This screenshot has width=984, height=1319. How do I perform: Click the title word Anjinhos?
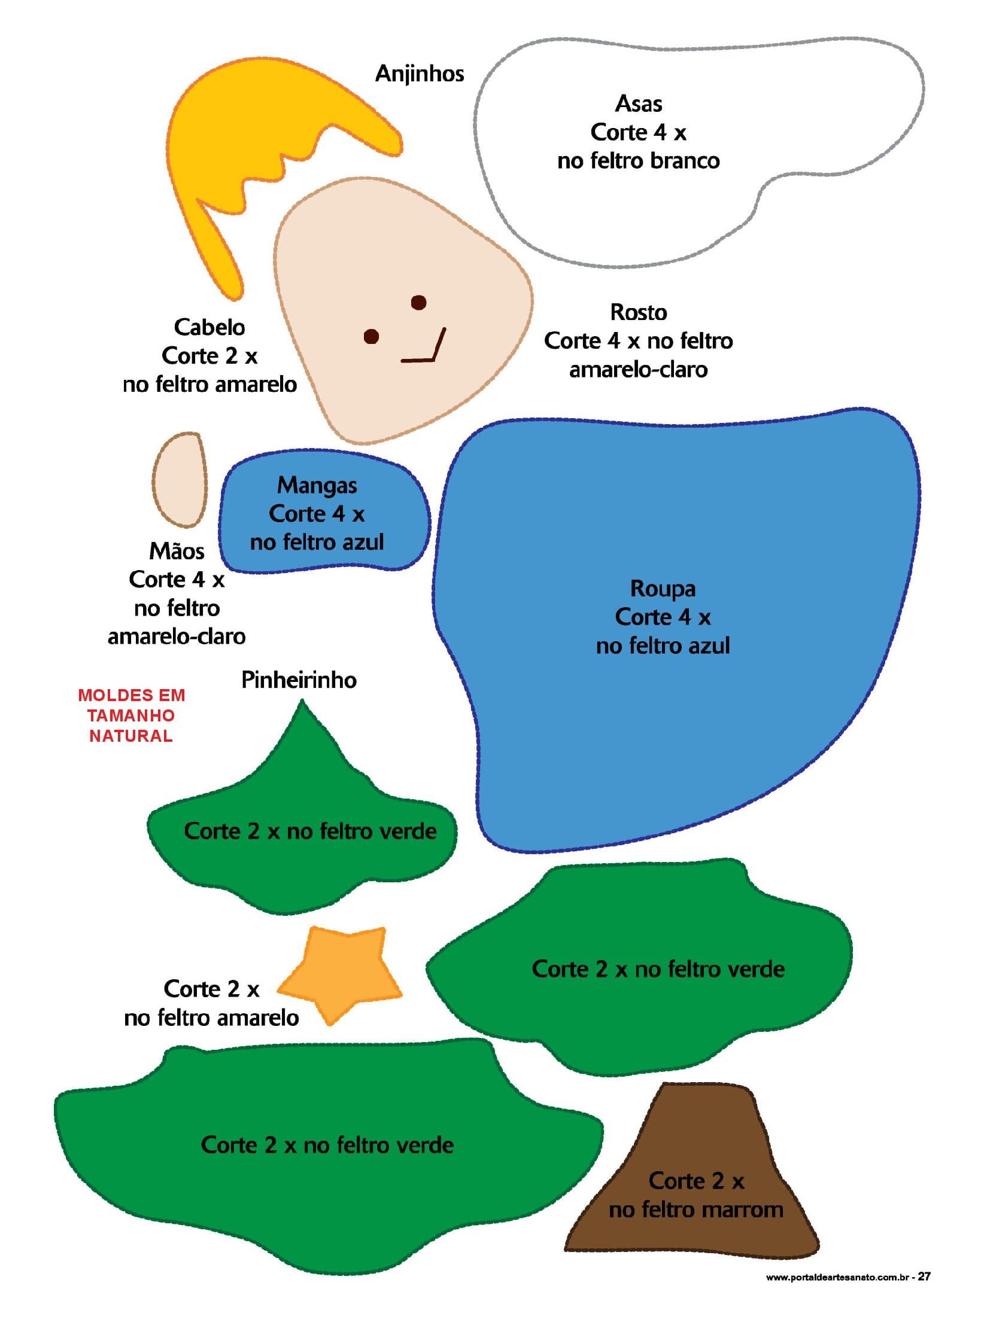[x=419, y=74]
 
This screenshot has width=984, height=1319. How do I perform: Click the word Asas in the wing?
[x=638, y=104]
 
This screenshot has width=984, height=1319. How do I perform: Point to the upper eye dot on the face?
[x=418, y=303]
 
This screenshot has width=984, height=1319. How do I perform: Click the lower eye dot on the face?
[x=371, y=337]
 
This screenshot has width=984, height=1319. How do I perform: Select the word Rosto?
[x=638, y=312]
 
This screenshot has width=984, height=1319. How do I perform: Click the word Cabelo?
[x=209, y=327]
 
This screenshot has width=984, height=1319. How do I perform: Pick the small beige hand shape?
[x=180, y=480]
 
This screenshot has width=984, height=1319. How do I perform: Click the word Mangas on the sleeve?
[x=317, y=485]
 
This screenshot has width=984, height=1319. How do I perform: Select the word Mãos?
[x=177, y=551]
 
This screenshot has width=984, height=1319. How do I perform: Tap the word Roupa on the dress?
[x=663, y=589]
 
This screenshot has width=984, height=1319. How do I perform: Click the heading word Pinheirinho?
[x=299, y=680]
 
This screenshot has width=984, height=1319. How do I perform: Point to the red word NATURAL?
[x=131, y=736]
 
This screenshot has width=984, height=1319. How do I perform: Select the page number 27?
[x=924, y=1276]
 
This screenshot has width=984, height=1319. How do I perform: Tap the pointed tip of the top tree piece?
[x=302, y=706]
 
